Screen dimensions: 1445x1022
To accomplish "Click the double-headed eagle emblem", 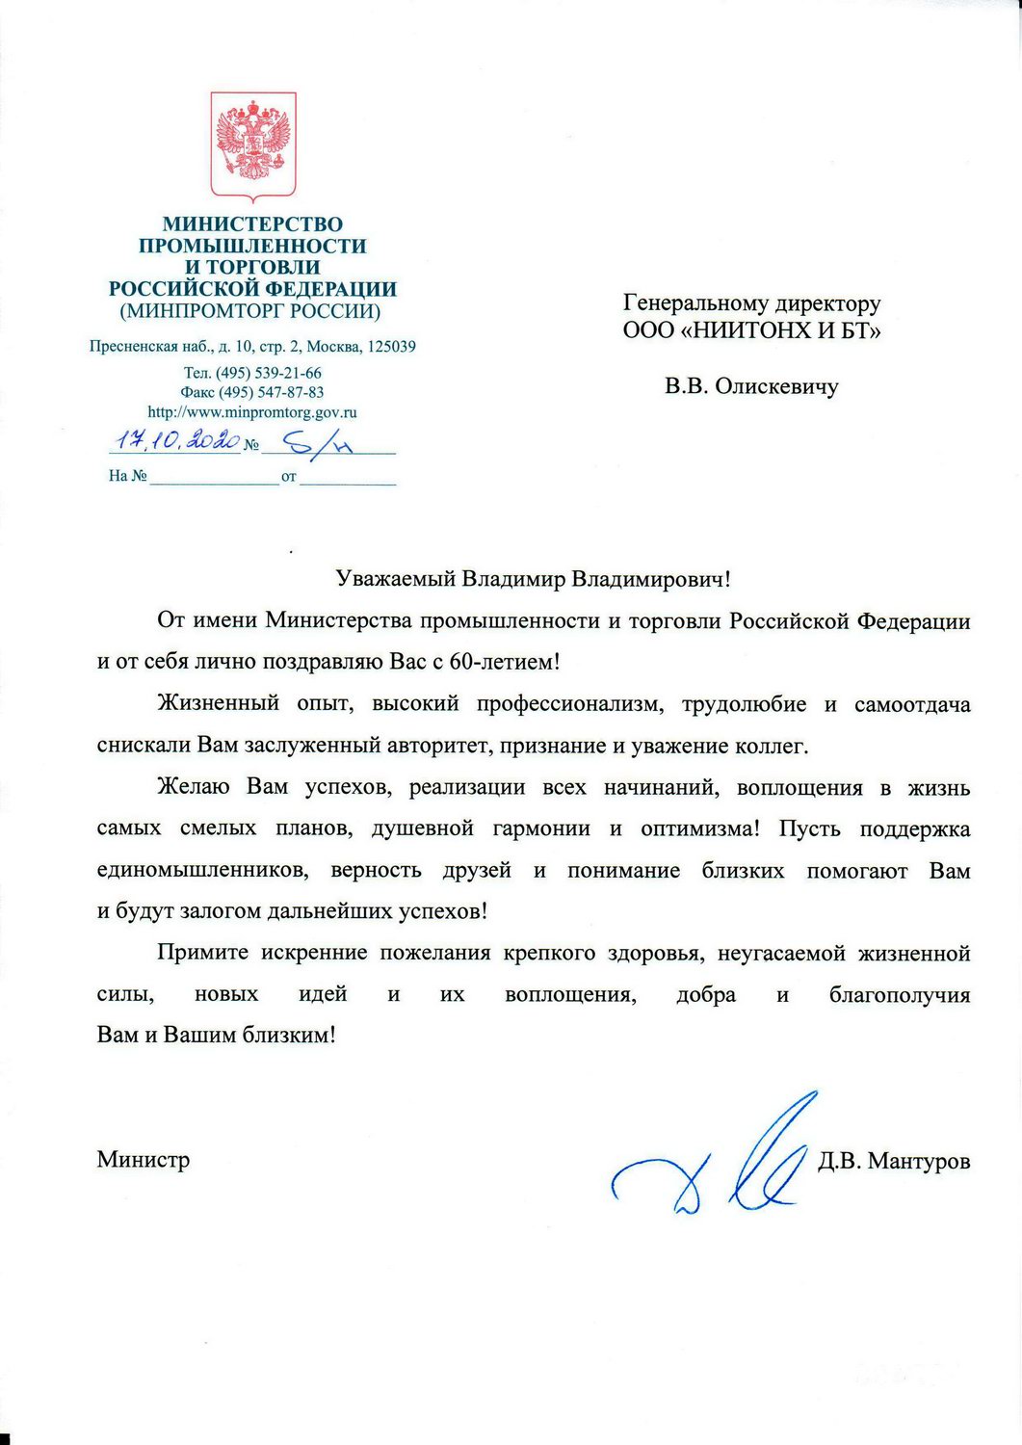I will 253,144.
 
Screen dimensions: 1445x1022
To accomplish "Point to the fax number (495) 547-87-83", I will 271,392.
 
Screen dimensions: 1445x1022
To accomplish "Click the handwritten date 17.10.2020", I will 174,442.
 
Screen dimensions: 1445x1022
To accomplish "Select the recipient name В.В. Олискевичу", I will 751,387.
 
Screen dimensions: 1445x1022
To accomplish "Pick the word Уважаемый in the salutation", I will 395,580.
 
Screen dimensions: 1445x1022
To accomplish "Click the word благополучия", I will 900,995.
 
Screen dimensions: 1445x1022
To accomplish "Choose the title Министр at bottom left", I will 144,1160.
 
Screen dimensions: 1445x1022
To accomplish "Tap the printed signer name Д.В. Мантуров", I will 894,1162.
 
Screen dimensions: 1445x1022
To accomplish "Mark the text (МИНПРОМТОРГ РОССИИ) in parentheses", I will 250,312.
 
